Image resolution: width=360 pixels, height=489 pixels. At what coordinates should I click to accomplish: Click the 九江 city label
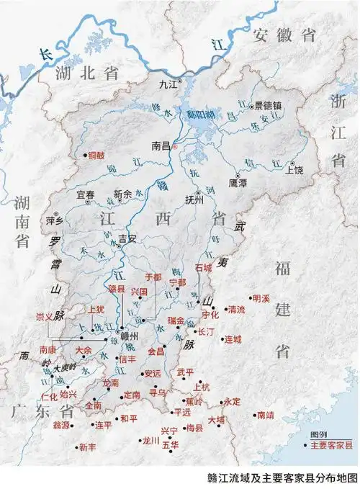pos(167,84)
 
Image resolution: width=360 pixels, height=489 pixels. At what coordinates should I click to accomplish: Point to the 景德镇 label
pos(269,105)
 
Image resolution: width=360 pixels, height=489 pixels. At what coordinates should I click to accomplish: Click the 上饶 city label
pos(294,171)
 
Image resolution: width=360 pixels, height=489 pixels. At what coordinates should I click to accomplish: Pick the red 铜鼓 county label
pos(96,155)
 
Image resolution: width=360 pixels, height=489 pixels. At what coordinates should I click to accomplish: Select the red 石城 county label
pos(204,267)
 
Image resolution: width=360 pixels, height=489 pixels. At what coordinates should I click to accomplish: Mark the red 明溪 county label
pos(260,297)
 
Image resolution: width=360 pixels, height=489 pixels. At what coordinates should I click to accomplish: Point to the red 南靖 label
pos(264,415)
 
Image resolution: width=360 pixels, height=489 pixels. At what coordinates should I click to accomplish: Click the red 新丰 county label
pos(87,447)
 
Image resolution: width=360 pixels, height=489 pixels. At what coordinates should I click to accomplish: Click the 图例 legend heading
pos(318,436)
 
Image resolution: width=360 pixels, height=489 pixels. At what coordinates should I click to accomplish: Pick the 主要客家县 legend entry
pos(332,446)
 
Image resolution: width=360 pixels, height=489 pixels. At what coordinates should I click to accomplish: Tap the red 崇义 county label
pos(45,316)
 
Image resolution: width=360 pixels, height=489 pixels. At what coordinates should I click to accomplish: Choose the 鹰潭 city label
pos(238,183)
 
